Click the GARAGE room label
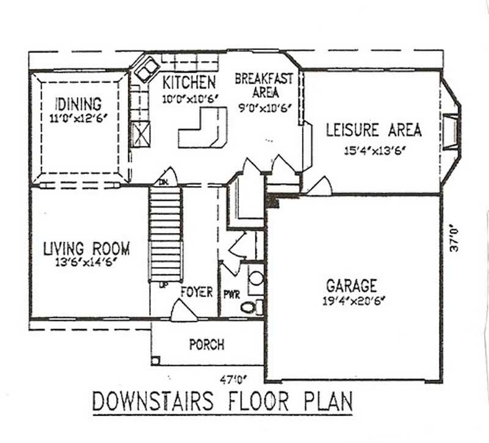(x=351, y=286)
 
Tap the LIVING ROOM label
(x=86, y=249)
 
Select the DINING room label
(x=78, y=104)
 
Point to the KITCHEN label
(x=189, y=82)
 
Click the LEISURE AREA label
(x=373, y=130)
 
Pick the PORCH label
(x=206, y=345)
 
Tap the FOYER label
(x=196, y=292)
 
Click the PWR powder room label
(x=232, y=295)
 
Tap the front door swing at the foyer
(x=183, y=312)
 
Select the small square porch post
(x=156, y=360)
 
